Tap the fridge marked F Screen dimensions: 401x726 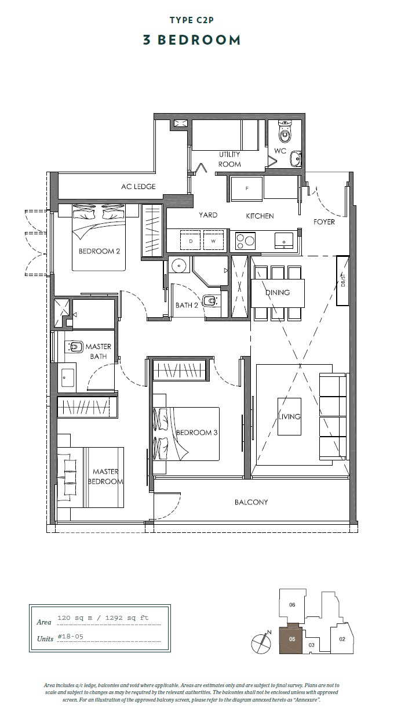[246, 189]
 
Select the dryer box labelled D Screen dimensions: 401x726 [191, 240]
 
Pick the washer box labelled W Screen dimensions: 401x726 [213, 240]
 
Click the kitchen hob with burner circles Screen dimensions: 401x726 [245, 241]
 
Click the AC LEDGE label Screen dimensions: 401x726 [138, 186]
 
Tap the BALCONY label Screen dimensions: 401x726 [251, 502]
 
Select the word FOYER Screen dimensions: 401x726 [324, 222]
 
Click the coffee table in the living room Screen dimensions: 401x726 [289, 416]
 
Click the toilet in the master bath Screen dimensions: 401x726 [74, 347]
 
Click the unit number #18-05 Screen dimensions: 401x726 [70, 637]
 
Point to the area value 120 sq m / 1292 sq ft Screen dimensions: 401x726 [103, 618]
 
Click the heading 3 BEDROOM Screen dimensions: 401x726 [192, 40]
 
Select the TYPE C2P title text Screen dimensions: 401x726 [192, 20]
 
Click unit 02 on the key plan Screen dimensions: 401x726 [342, 639]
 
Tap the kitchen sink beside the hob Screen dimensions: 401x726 [284, 241]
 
